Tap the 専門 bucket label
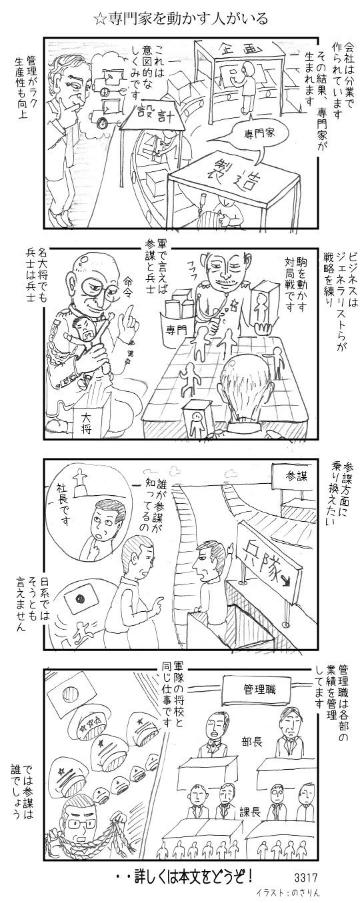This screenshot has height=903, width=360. [x=176, y=330]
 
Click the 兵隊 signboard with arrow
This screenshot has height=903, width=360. [x=269, y=564]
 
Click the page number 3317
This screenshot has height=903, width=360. [x=307, y=877]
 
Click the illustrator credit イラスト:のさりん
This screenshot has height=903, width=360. [x=288, y=892]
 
